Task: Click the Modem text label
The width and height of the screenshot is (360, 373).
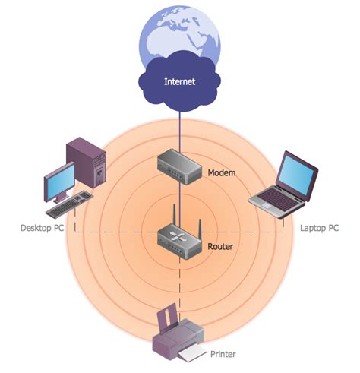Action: [222, 173]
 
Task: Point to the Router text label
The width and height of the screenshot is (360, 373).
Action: [220, 247]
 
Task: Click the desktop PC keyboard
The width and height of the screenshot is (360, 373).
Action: [70, 203]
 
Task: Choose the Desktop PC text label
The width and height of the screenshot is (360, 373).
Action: [41, 228]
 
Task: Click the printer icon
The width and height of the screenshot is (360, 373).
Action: [179, 337]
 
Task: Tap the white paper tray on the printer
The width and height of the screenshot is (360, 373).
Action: [192, 353]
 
